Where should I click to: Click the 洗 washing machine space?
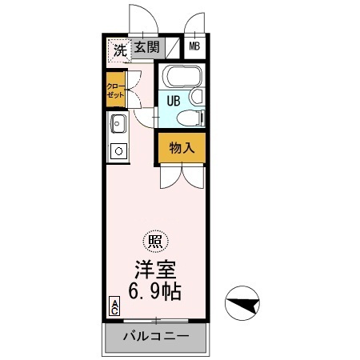point(118,49)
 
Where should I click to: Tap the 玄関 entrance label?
point(146,48)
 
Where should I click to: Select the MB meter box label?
point(195,48)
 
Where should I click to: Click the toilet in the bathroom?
point(187,118)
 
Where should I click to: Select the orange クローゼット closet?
point(116,90)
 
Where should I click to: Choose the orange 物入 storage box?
point(181,147)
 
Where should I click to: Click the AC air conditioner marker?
point(114,307)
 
